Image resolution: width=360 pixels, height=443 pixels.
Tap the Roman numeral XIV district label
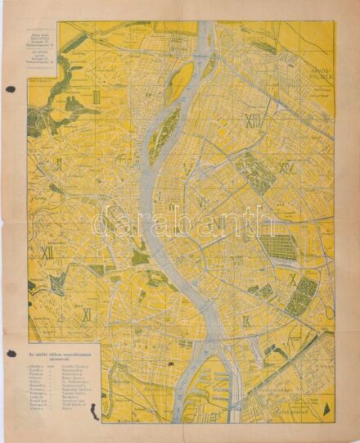point(286,169)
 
